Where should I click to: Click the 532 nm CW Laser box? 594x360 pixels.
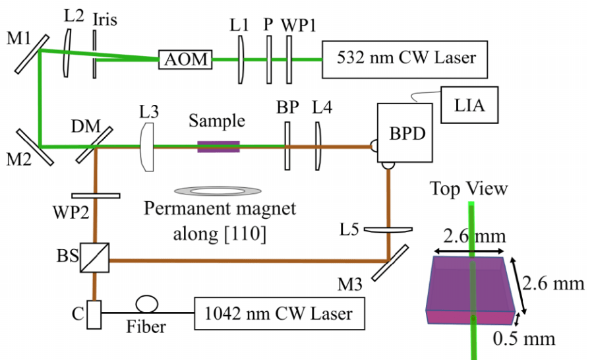pos(406,58)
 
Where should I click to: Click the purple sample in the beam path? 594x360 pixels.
pos(218,146)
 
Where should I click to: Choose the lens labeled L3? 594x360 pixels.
pos(147,146)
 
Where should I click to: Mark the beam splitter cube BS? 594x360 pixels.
pos(94,258)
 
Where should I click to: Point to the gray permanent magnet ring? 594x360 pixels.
pos(217,191)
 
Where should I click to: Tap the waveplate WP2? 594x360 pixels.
pos(95,195)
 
